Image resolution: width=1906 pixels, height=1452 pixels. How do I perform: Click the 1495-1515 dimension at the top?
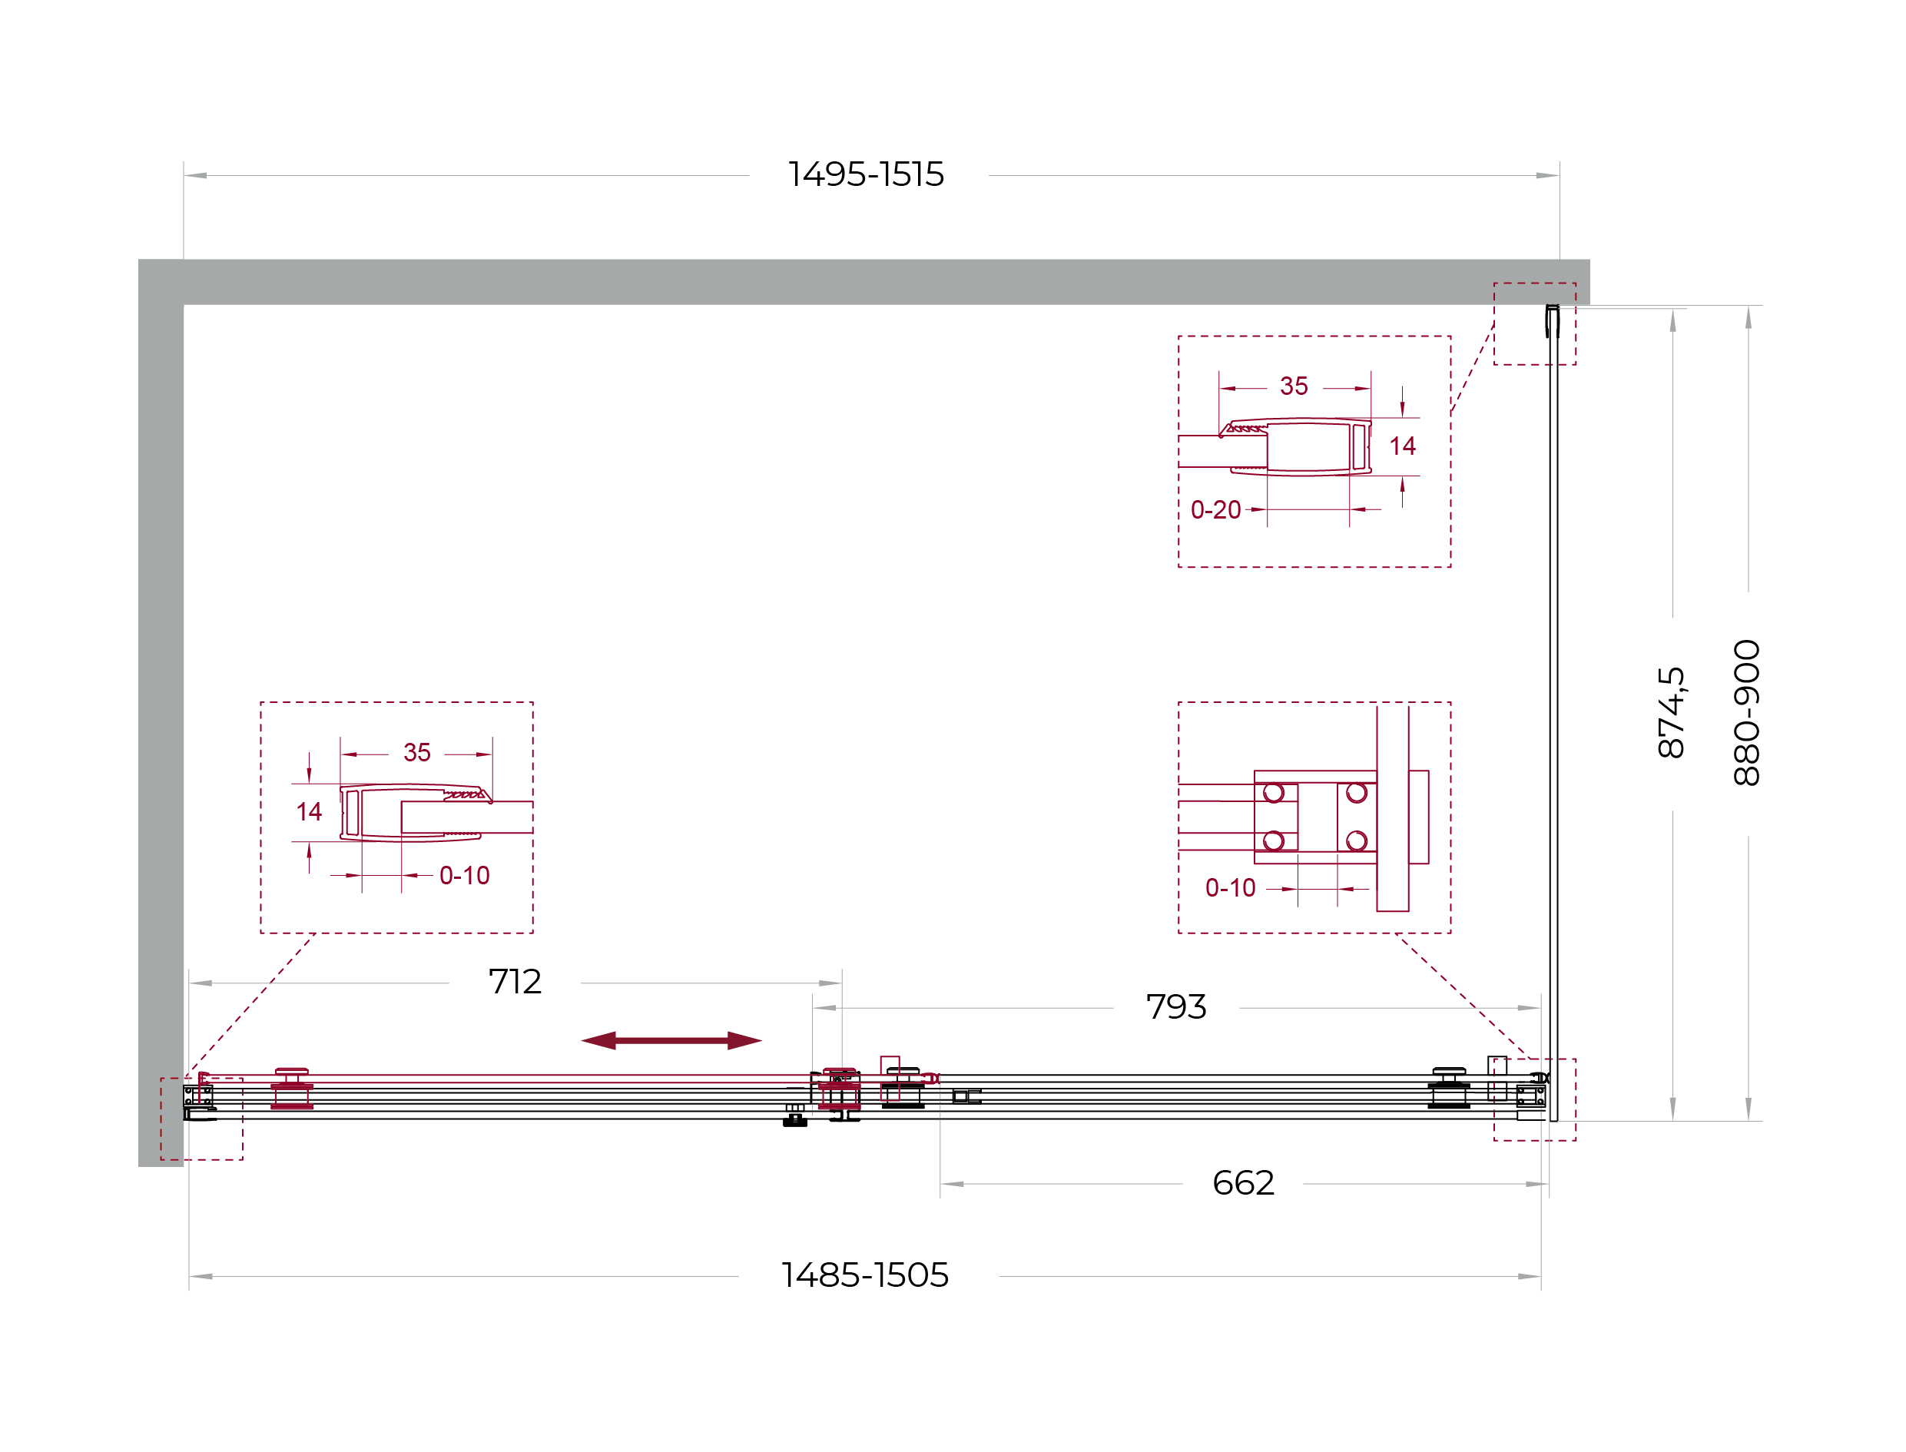click(x=865, y=174)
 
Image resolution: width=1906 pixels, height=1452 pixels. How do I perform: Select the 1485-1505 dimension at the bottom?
click(x=864, y=1275)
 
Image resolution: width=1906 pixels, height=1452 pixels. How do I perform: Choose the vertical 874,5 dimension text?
click(x=1671, y=713)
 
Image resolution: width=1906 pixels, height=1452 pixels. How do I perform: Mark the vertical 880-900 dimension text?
click(x=1746, y=713)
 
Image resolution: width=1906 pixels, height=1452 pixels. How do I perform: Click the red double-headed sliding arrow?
click(x=671, y=1040)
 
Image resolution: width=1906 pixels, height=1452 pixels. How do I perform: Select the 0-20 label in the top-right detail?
click(x=1215, y=510)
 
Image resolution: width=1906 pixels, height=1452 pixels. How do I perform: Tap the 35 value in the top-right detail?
click(x=1293, y=386)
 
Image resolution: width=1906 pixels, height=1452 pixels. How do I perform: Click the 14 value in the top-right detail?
click(x=1401, y=446)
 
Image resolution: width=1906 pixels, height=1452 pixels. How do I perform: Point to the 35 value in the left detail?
click(x=416, y=753)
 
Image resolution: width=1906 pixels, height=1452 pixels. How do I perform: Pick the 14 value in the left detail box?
click(x=309, y=811)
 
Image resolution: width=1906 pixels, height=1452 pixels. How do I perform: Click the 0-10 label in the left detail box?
click(x=464, y=876)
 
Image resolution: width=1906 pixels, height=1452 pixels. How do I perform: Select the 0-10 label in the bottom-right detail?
click(x=1229, y=887)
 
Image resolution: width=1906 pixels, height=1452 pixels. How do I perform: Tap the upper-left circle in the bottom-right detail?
click(x=1272, y=793)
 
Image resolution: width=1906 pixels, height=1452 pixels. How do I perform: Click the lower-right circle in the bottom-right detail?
click(x=1355, y=841)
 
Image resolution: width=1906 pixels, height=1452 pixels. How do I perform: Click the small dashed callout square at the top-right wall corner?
click(x=1534, y=283)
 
